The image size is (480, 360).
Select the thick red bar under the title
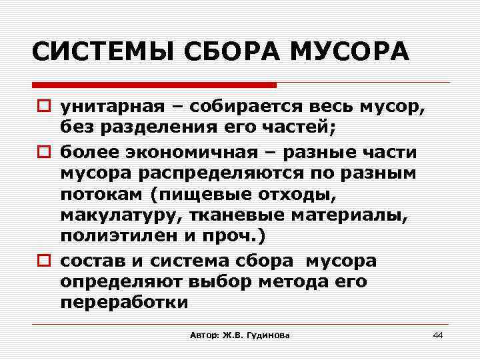point(154,85)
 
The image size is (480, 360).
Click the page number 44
point(437,335)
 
